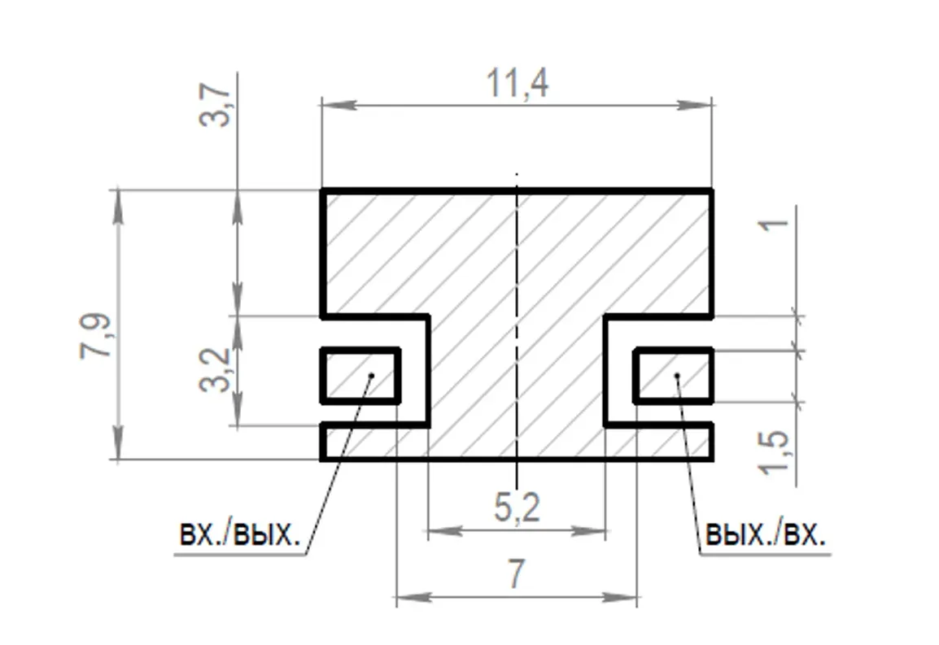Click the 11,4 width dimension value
517,83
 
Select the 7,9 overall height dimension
96,335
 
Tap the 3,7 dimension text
214,106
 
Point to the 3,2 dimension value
214,369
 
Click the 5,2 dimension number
517,508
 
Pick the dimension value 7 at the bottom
516,573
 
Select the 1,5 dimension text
774,453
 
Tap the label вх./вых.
239,534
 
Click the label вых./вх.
766,534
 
